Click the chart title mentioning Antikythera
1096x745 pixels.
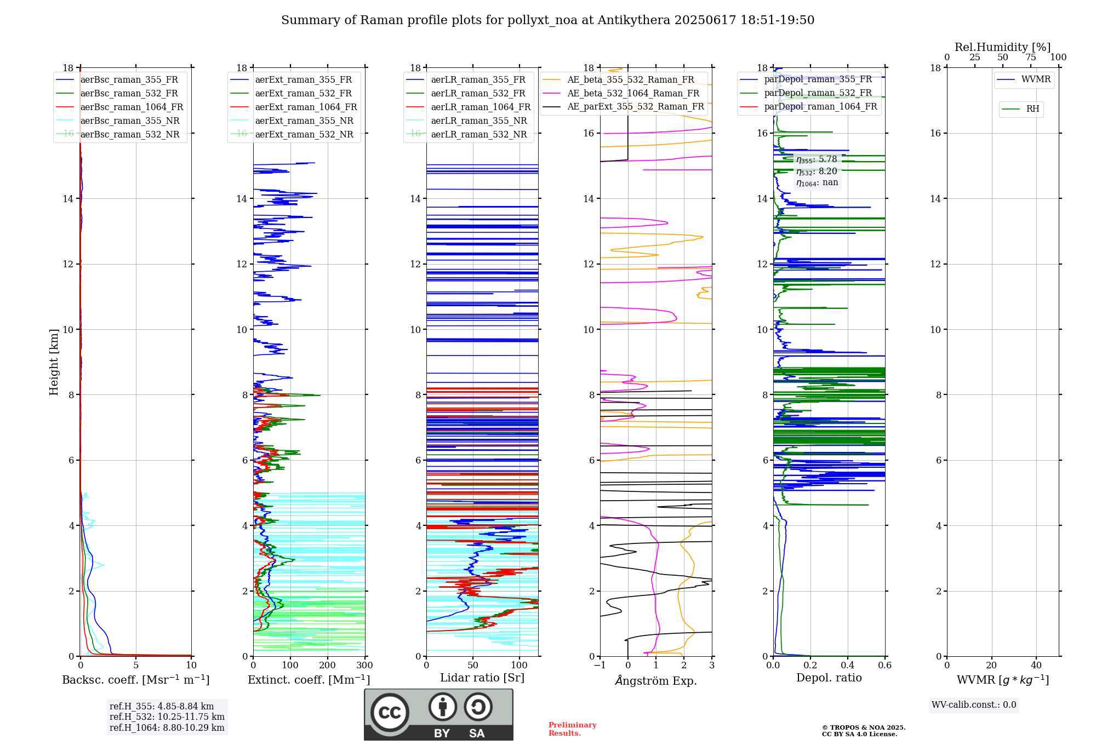point(547,20)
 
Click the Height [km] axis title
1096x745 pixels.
point(54,362)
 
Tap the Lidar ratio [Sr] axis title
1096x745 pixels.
point(482,678)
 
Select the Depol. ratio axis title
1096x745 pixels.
point(829,678)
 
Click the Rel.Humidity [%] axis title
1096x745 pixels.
point(1002,47)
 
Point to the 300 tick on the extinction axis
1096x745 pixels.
point(364,665)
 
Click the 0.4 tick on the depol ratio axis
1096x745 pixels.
point(847,665)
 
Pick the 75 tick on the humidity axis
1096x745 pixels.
point(1030,58)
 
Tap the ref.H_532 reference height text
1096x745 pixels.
point(167,717)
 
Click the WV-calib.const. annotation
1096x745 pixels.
point(974,705)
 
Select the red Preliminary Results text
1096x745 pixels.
point(572,729)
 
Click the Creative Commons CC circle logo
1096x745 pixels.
point(390,713)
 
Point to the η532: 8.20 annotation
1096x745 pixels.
point(817,171)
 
